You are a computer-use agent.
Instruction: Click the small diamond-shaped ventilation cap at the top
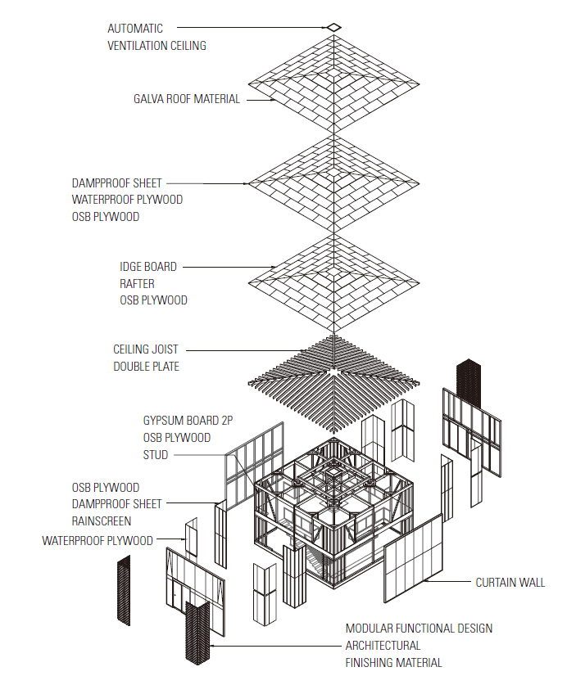point(334,28)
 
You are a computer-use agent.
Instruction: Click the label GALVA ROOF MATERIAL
point(187,99)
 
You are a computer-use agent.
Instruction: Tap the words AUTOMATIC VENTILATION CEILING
point(156,37)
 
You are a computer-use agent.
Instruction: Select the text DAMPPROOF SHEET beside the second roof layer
point(116,183)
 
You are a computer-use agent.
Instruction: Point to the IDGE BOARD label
point(148,267)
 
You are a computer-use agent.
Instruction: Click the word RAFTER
point(137,284)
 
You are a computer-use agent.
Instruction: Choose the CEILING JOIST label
point(146,349)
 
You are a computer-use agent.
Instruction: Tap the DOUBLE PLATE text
point(146,367)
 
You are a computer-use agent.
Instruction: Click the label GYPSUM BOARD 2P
point(188,421)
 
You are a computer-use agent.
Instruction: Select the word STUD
point(156,455)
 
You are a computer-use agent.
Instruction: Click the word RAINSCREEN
point(102,521)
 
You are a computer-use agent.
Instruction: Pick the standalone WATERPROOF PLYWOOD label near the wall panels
point(98,541)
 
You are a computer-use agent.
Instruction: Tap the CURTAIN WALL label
point(510,583)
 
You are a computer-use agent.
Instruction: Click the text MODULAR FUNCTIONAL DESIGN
point(419,629)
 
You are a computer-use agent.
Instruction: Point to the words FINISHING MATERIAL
point(393,663)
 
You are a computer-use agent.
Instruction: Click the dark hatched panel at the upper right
point(469,383)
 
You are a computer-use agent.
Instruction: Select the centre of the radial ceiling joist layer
point(333,372)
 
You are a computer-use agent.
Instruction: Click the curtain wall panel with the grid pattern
point(413,559)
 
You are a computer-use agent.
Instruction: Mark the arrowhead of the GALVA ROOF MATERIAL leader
point(274,101)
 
